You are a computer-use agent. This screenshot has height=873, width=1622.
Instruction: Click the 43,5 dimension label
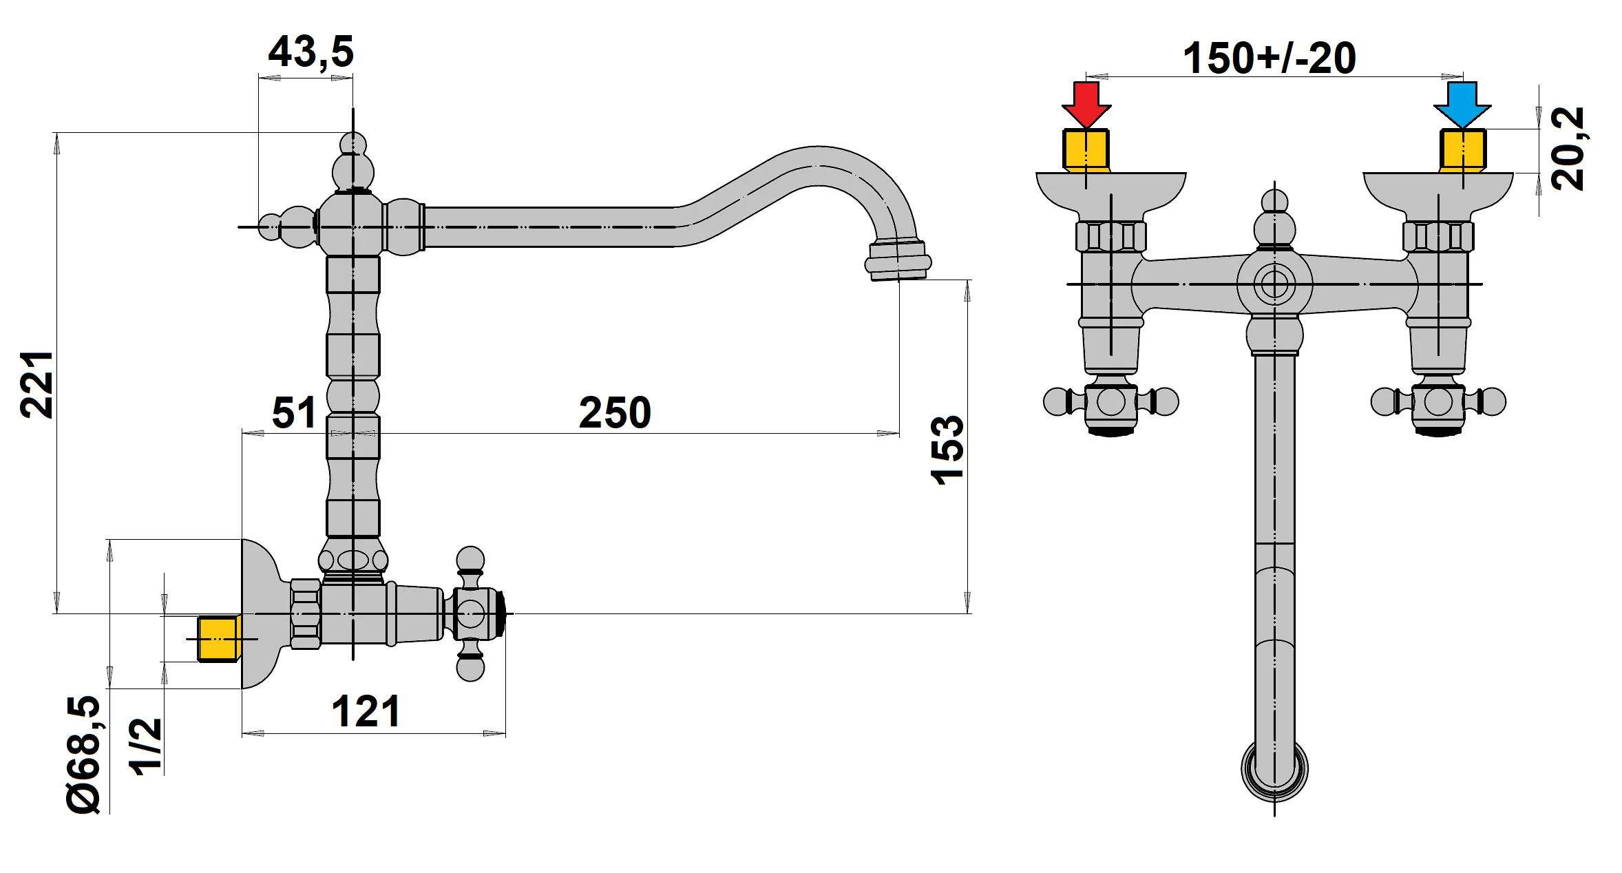310,52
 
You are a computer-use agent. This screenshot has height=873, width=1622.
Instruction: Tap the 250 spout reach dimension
615,413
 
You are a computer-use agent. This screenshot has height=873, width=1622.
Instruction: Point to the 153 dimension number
948,450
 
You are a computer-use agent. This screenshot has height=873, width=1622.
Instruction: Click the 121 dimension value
366,711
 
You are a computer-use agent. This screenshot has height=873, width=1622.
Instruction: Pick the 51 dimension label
294,413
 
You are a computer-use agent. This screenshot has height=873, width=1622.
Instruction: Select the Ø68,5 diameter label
84,755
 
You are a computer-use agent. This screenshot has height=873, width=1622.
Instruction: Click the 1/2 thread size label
147,747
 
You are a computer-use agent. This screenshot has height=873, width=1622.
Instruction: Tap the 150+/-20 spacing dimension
1269,59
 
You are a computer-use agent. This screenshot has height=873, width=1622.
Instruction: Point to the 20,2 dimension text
1568,149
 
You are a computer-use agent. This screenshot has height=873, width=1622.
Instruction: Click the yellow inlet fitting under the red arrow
1086,149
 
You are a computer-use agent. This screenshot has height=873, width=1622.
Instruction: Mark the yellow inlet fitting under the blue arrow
1463,149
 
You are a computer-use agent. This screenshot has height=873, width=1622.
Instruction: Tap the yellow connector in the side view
218,639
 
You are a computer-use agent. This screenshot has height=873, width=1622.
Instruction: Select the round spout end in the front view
1274,768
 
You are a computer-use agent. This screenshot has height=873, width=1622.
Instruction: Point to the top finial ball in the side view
353,146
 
